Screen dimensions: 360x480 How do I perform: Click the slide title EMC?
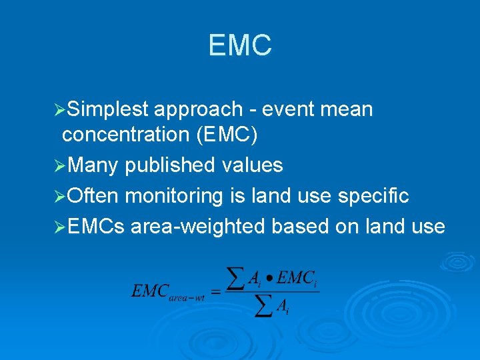(x=240, y=45)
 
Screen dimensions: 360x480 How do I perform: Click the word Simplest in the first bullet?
(x=110, y=109)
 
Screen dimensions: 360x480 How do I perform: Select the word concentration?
(x=126, y=135)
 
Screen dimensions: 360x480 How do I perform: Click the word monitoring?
(x=175, y=196)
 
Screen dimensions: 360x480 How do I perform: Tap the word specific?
(x=374, y=196)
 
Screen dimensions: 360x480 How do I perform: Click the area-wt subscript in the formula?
(x=187, y=297)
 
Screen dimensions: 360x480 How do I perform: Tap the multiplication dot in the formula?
(x=267, y=281)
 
